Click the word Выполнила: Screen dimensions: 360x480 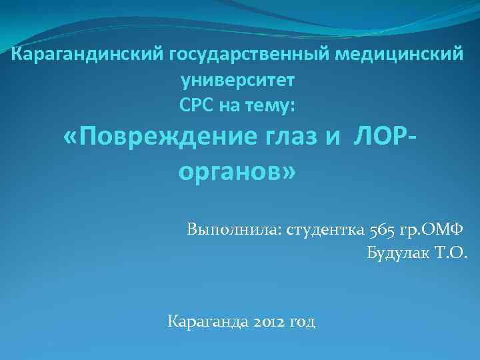235,230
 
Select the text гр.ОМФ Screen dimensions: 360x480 435,230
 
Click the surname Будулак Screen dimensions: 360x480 399,253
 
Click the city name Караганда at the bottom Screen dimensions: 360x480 207,322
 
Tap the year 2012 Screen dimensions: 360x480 269,322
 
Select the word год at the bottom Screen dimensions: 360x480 303,323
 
